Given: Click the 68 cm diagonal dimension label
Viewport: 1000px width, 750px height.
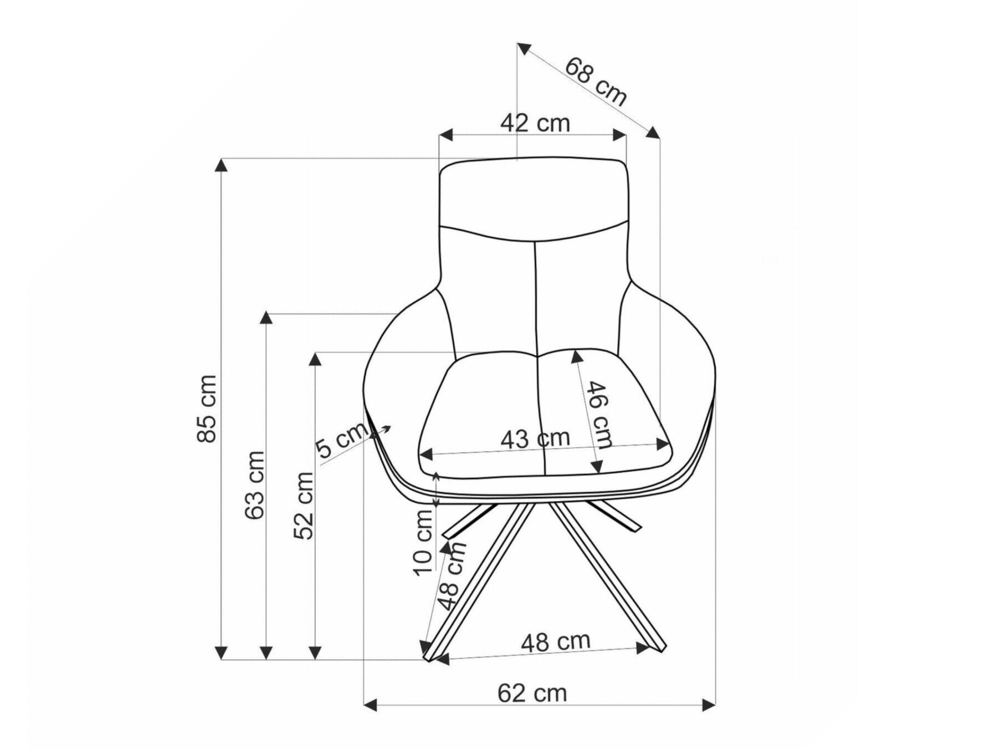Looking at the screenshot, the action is [x=596, y=80].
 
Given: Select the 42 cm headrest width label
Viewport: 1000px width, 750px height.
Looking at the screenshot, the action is [x=535, y=123].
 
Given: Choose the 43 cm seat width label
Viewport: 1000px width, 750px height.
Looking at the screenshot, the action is [x=535, y=439].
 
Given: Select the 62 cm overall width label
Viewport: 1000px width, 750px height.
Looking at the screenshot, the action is [x=532, y=693].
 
